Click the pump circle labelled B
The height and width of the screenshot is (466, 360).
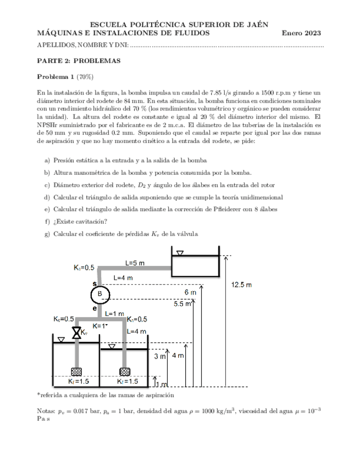100,294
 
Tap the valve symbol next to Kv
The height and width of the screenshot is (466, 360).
76,332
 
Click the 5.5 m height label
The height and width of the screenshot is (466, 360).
182,303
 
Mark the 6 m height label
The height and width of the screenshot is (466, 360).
190,292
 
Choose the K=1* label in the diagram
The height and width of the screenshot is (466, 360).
99,326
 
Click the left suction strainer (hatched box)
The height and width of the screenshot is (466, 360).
76,371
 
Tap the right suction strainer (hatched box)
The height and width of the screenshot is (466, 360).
125,371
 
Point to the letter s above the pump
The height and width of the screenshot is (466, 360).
95,284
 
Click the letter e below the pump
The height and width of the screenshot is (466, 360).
95,309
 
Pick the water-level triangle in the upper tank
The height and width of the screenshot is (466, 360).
179,253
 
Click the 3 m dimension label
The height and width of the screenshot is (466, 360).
159,357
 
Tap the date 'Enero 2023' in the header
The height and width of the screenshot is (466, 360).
301,33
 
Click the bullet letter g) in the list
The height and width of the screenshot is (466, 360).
46,234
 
